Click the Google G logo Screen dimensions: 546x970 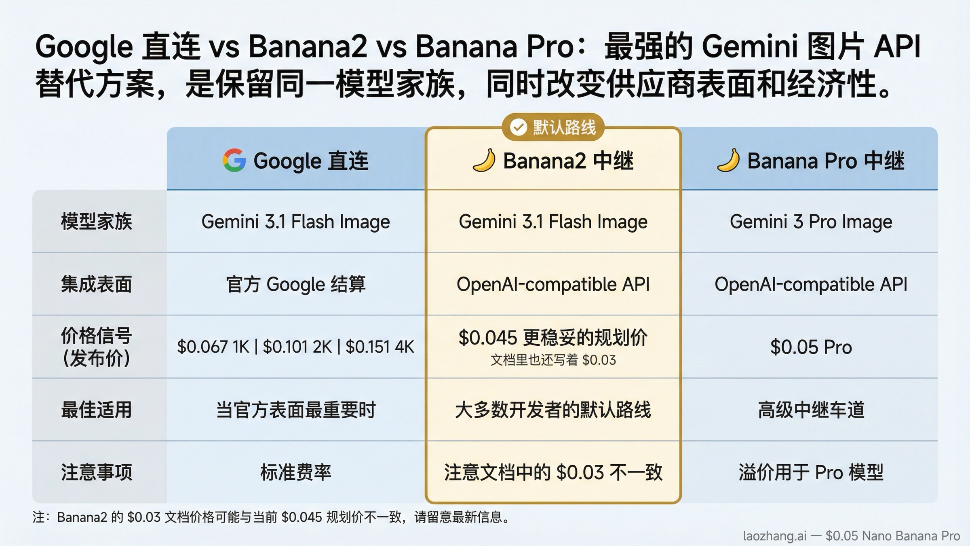234,160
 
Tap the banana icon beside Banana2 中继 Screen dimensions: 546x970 484,160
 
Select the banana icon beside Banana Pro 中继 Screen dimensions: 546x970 728,160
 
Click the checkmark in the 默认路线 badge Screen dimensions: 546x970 518,127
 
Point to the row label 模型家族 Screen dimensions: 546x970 97,222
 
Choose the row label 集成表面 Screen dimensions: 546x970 97,284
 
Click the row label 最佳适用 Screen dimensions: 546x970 97,410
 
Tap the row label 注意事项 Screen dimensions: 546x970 97,472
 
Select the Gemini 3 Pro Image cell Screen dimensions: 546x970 811,222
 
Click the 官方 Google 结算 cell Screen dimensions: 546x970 296,284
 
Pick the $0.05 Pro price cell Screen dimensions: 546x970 811,347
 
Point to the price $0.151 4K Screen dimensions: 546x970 380,347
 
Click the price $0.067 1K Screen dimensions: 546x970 213,347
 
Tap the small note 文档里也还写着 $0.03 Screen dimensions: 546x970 553,360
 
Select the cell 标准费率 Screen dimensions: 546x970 296,472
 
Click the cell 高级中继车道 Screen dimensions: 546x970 811,410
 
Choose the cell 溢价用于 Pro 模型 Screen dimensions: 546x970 811,472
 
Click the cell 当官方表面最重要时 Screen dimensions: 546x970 296,410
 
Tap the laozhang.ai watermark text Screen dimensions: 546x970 774,536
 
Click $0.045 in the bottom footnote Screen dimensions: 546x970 302,517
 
